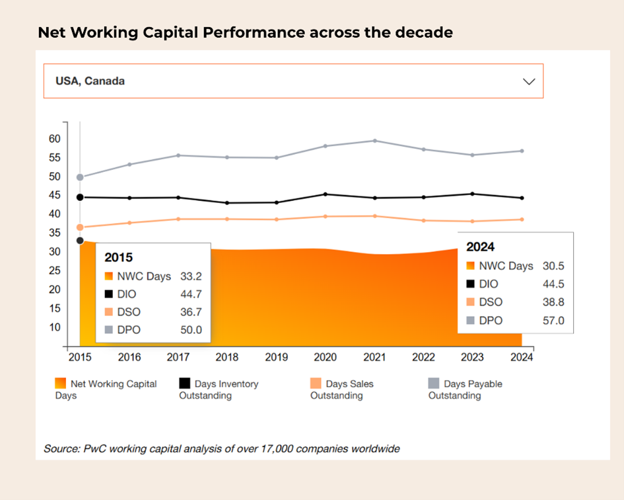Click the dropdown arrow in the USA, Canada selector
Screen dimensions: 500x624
[528, 81]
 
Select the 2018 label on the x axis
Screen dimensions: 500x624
[226, 357]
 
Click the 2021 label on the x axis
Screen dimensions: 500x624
[374, 357]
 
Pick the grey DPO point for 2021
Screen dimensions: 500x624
[374, 141]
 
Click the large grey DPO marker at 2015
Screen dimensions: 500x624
[80, 177]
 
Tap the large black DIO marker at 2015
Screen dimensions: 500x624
[80, 197]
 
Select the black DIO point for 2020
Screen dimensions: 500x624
[325, 194]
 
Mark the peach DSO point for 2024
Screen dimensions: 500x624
[522, 220]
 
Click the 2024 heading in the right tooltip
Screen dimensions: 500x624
[480, 247]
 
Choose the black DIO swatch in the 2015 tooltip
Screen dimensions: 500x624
[108, 294]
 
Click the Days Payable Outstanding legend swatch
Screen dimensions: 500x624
[434, 384]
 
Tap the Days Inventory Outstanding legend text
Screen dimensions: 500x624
[219, 390]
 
